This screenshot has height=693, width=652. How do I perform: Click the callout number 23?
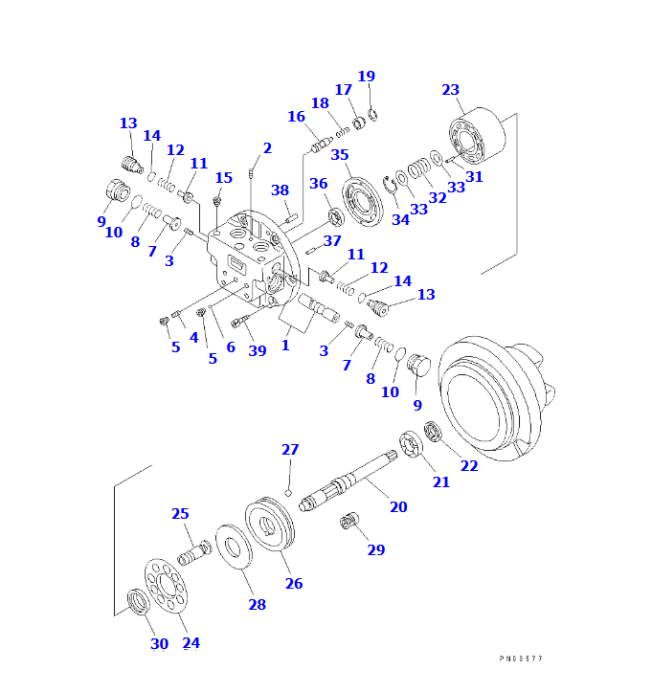[451, 90]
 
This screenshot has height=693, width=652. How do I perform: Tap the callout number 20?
[398, 506]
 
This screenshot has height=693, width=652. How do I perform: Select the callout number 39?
[258, 350]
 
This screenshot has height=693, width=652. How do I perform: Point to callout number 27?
[290, 450]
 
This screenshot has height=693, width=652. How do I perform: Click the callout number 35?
[340, 155]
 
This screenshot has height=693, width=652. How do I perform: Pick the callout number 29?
[376, 549]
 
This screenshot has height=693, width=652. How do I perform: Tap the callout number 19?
[367, 77]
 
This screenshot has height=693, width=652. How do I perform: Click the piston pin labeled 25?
[194, 552]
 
